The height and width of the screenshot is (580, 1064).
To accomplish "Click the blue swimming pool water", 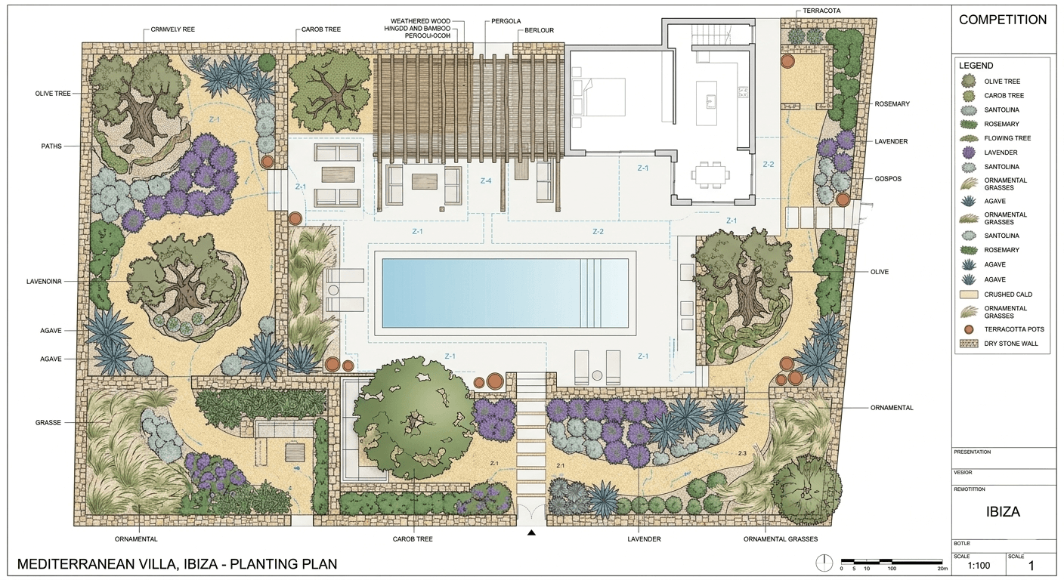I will [x=484, y=292].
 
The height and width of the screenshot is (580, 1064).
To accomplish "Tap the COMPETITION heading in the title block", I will [x=1003, y=20].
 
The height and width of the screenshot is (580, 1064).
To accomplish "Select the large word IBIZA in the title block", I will [x=1003, y=511].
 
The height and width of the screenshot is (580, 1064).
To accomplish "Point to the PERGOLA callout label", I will [x=506, y=21].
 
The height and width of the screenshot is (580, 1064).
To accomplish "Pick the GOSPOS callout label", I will [x=888, y=179].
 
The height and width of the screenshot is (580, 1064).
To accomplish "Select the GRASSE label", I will [x=48, y=423].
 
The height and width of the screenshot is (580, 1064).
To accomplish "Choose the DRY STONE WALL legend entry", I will [x=1011, y=344].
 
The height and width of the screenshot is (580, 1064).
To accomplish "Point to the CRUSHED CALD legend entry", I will [x=1008, y=295].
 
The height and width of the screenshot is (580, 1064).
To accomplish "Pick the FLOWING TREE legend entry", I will [x=1007, y=138].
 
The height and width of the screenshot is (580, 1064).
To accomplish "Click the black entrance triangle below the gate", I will [x=531, y=532].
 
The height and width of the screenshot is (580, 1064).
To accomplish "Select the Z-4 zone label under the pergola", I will [x=485, y=181].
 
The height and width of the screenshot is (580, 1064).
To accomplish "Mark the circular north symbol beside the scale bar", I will [x=824, y=563].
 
